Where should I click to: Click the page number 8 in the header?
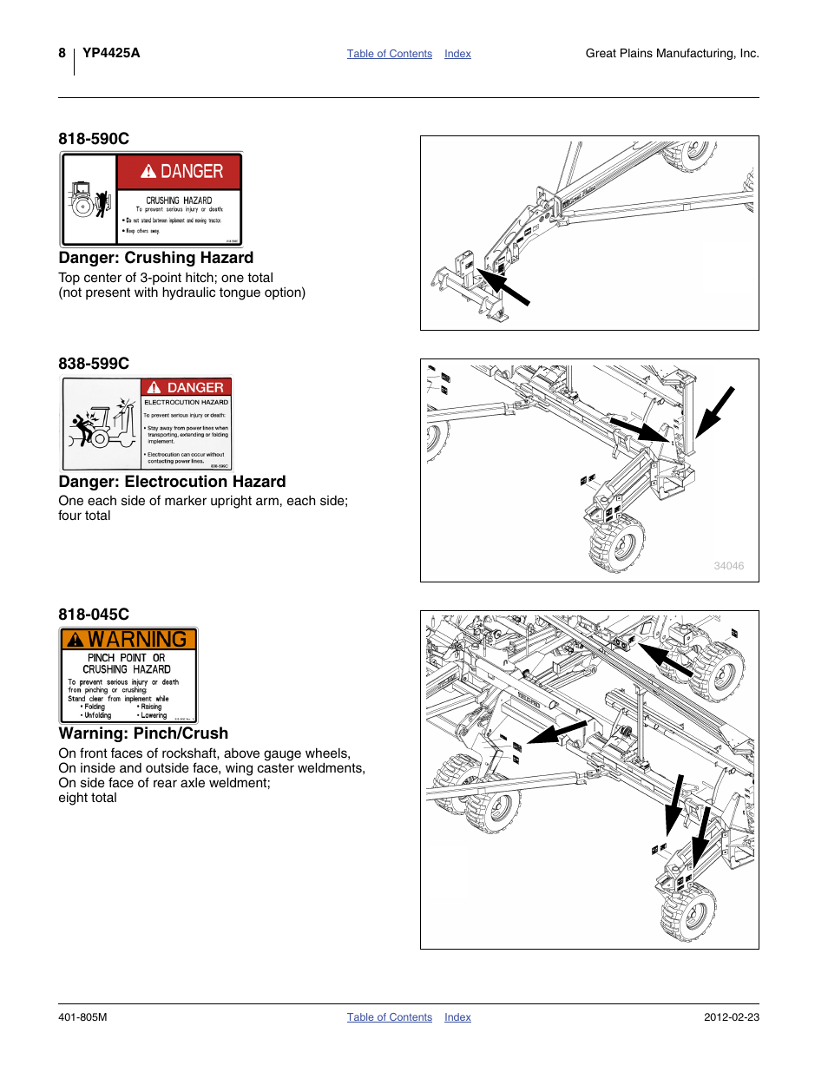click(62, 53)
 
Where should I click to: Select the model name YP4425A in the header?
click(111, 53)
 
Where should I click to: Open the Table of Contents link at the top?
click(389, 54)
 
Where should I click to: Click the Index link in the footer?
click(457, 1017)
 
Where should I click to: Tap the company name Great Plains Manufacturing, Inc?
click(672, 54)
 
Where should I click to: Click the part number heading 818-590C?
click(94, 139)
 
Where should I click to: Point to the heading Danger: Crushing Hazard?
click(156, 258)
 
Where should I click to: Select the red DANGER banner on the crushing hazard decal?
click(180, 172)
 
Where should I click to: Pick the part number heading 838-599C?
click(94, 364)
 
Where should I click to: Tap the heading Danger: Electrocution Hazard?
click(172, 482)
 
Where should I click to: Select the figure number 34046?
click(728, 566)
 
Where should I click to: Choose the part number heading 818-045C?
click(94, 615)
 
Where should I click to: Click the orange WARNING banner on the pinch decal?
click(128, 640)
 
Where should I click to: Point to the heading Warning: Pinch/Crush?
click(143, 733)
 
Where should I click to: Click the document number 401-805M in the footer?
click(82, 1017)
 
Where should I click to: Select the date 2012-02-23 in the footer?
click(731, 1017)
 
